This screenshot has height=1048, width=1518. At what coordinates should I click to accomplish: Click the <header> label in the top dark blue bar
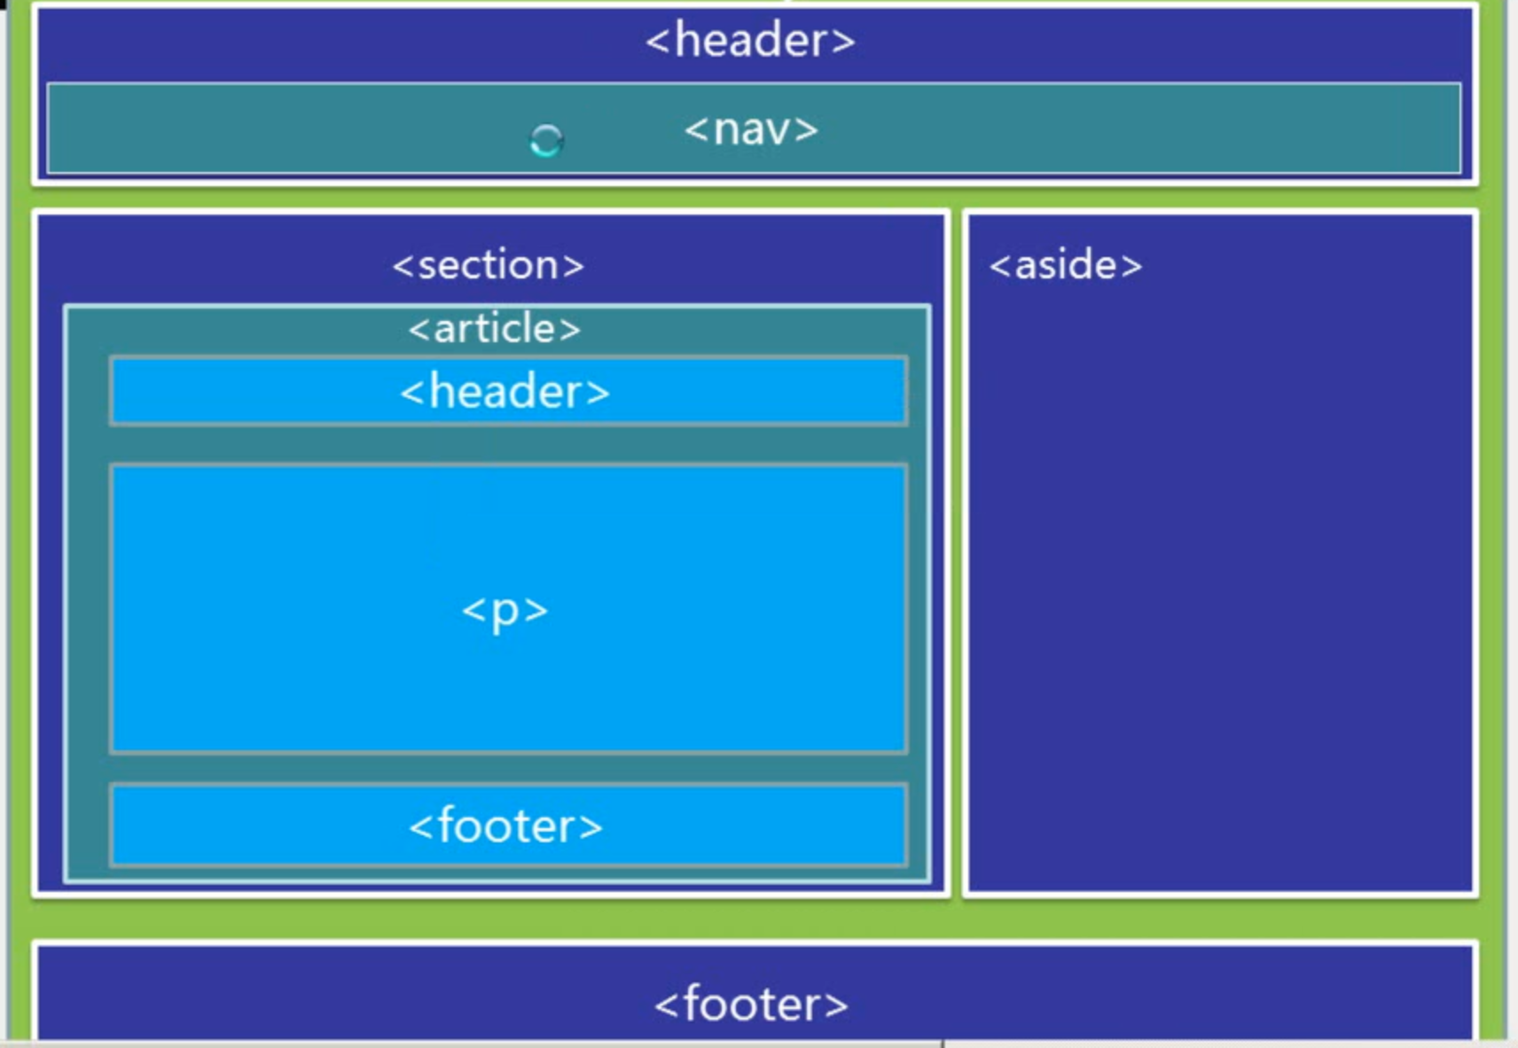click(750, 41)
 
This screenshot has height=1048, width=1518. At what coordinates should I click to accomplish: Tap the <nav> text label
click(751, 129)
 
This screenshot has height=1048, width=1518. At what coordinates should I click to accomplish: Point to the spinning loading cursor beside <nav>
click(546, 140)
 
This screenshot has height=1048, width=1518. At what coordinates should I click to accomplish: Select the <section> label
click(489, 265)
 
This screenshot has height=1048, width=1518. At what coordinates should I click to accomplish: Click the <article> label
click(495, 329)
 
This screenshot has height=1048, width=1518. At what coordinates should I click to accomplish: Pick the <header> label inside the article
click(505, 392)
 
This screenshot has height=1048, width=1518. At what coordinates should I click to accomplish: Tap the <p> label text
click(505, 610)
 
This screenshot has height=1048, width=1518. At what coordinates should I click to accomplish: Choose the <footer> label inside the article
click(505, 826)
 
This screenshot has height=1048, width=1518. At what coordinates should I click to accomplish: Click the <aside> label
click(1066, 265)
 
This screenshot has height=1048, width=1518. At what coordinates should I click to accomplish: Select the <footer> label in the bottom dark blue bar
click(751, 1005)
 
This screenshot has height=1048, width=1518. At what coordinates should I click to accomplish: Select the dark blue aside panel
click(1220, 576)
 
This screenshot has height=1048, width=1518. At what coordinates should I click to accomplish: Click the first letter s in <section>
click(428, 266)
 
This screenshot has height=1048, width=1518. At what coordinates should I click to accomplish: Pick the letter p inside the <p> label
click(505, 612)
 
